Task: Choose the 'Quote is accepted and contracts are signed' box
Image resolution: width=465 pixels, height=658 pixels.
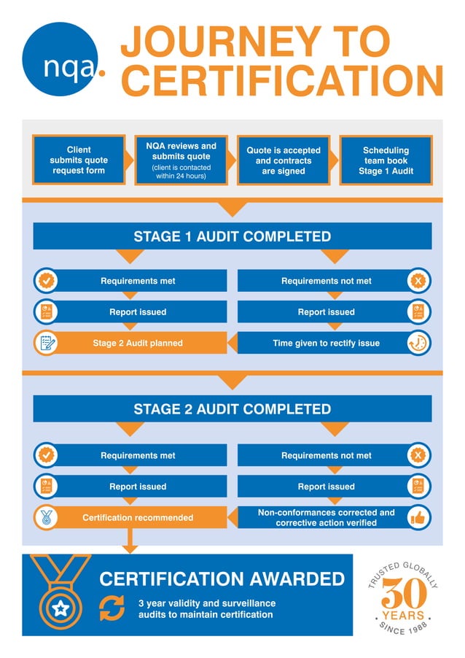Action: [x=284, y=160]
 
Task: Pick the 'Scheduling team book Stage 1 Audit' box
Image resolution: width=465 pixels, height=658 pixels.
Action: [x=386, y=160]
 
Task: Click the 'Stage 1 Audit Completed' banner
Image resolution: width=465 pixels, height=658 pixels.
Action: [x=232, y=236]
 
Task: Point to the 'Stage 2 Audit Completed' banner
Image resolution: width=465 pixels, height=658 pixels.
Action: [x=232, y=409]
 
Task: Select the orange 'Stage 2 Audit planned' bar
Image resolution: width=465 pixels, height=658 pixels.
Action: [x=138, y=343]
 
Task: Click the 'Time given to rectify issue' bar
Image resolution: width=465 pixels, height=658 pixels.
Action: [x=326, y=343]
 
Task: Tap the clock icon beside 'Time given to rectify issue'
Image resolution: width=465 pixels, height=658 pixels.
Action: [x=418, y=343]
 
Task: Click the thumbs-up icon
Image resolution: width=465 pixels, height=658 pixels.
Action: [x=418, y=517]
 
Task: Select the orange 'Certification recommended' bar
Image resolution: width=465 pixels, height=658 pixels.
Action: [x=138, y=517]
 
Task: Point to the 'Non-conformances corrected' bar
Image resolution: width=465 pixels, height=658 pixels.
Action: [x=326, y=517]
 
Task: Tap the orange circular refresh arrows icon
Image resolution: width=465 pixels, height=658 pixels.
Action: [x=112, y=608]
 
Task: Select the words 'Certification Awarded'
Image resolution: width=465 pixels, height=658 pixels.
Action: [x=222, y=579]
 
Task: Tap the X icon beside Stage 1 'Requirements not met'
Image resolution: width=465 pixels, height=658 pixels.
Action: [x=418, y=280]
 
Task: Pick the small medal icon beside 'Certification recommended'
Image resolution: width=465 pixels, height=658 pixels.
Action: [x=47, y=517]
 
